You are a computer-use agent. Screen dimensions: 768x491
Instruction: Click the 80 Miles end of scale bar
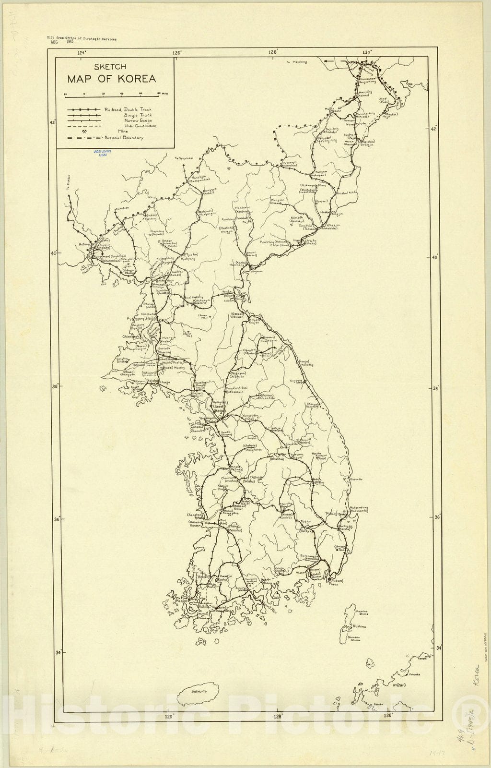point(160,94)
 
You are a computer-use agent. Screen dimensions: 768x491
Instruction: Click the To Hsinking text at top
point(296,62)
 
